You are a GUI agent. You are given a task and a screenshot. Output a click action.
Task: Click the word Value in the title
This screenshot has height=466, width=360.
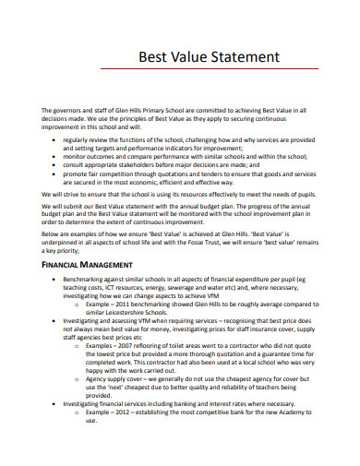click(179, 57)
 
